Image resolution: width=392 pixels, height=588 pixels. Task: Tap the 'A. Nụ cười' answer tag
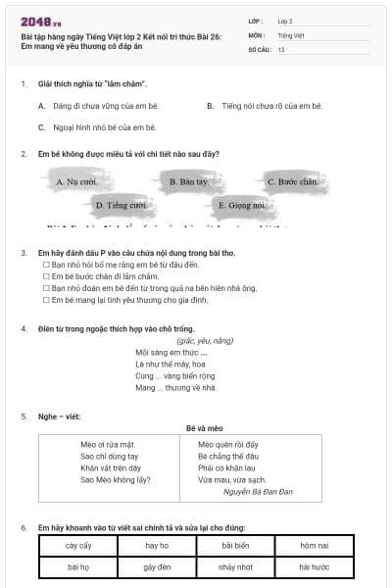point(75,181)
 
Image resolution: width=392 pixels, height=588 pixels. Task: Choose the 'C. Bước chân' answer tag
point(291,181)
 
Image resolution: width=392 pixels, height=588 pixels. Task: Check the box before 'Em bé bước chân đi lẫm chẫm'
point(45,276)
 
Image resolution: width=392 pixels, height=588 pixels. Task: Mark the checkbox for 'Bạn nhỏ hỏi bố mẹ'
point(45,265)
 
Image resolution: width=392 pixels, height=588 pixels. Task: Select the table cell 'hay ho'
point(157,545)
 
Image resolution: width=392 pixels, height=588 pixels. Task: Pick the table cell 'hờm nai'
point(314,545)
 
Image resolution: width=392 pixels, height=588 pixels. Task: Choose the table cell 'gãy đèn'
point(157,567)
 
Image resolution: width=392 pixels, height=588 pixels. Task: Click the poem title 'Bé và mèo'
point(205,427)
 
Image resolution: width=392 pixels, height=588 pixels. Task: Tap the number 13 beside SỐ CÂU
point(281,49)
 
